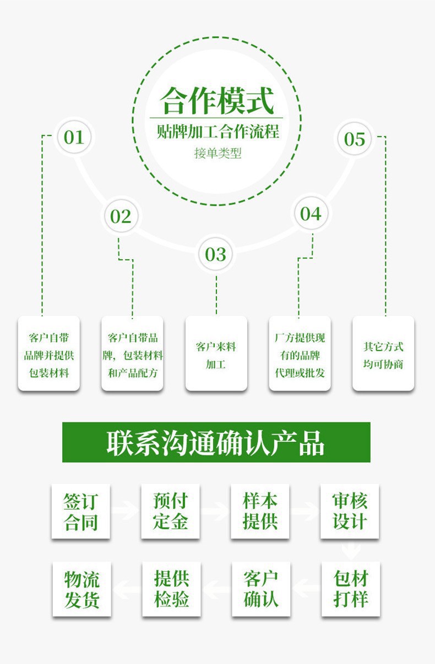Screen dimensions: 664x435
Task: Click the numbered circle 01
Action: [x=74, y=136]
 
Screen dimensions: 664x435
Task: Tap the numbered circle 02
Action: [x=121, y=216]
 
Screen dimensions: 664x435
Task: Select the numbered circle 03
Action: [x=216, y=254]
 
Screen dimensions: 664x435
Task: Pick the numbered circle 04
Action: [x=311, y=213]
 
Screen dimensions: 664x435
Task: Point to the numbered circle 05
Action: [x=355, y=139]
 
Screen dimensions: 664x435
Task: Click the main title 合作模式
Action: [x=217, y=100]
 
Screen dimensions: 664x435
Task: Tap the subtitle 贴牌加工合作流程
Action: [x=217, y=132]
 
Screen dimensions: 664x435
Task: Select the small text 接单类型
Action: [x=218, y=153]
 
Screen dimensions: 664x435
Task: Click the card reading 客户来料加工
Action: [x=216, y=353]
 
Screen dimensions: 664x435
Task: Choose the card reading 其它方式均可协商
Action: [x=383, y=353]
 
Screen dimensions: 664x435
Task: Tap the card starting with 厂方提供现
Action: [x=300, y=353]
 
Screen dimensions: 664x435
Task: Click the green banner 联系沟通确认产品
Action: [x=216, y=442]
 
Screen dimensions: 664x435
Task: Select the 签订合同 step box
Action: [x=81, y=511]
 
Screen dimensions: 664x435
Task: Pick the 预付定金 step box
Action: [x=170, y=511]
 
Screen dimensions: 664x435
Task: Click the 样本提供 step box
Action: [x=260, y=511]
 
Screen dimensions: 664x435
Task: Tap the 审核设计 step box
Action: [x=350, y=511]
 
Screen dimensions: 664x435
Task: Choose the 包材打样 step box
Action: [x=351, y=589]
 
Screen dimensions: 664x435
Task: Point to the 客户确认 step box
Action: [x=261, y=589]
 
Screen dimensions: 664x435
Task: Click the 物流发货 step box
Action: [x=81, y=589]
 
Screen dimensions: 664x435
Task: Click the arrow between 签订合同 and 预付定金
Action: [x=126, y=511]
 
